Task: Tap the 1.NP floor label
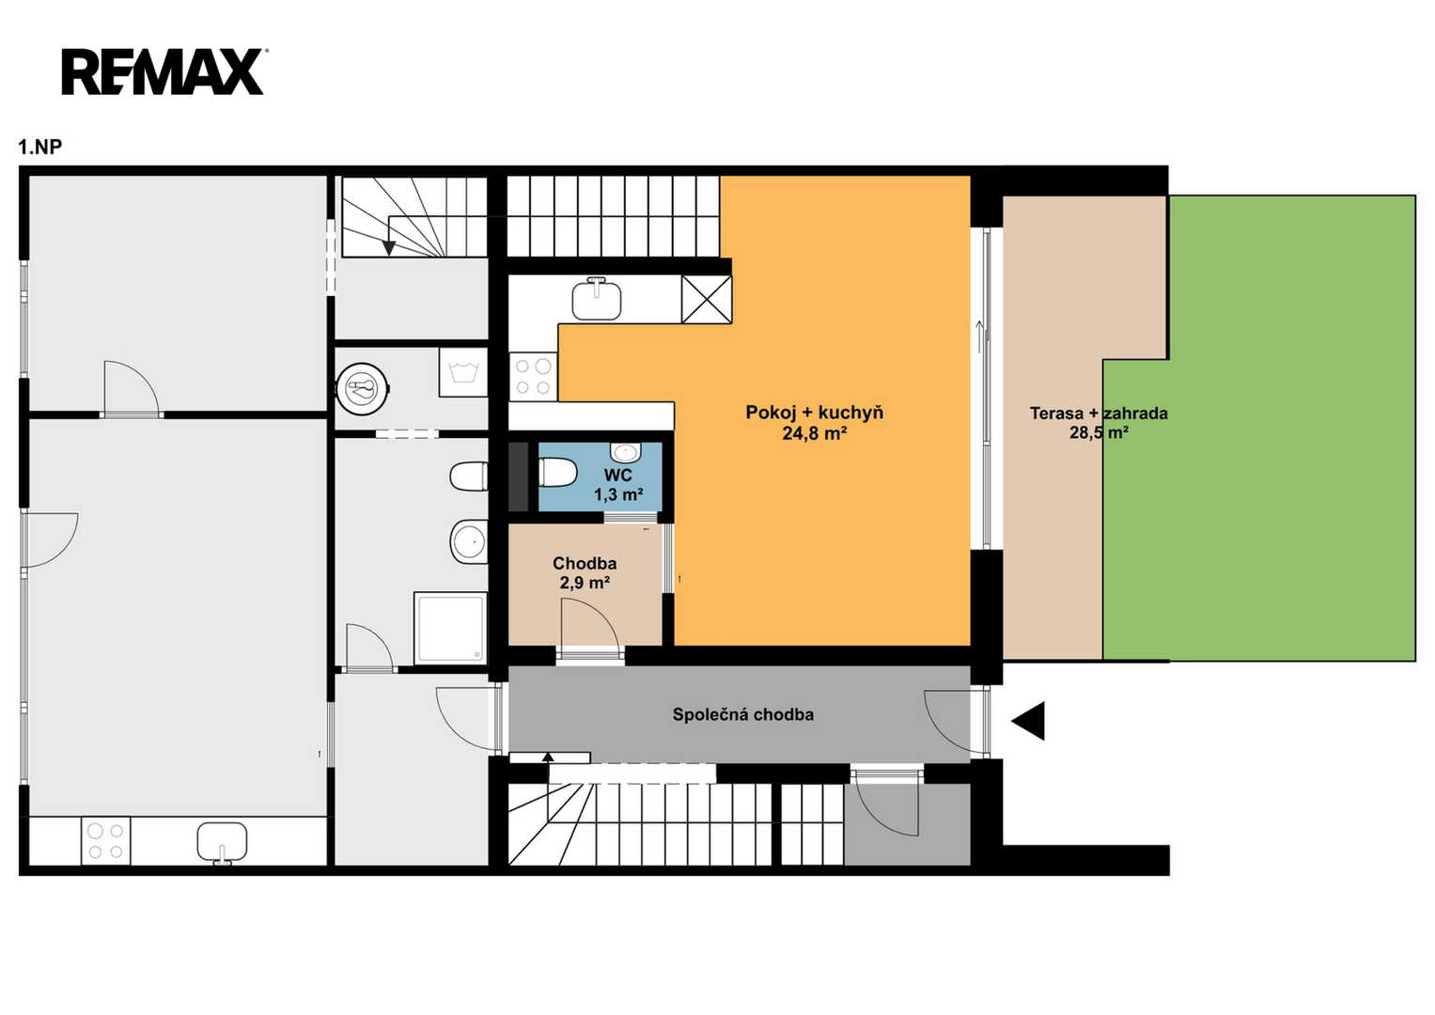(39, 148)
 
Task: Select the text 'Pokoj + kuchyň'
(814, 413)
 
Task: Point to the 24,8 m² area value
(814, 434)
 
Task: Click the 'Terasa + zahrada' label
(1099, 414)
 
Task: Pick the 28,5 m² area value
(1099, 432)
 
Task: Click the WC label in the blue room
(617, 475)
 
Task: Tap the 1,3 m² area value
(618, 494)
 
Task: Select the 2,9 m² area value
(585, 583)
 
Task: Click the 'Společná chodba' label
(743, 714)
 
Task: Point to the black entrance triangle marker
(1028, 721)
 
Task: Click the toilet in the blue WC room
(557, 473)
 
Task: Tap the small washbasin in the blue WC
(625, 452)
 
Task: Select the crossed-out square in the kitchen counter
(706, 299)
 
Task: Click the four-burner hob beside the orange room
(533, 377)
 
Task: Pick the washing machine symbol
(463, 372)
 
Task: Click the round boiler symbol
(363, 388)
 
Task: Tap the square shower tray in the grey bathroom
(450, 628)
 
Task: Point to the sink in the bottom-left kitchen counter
(222, 843)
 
